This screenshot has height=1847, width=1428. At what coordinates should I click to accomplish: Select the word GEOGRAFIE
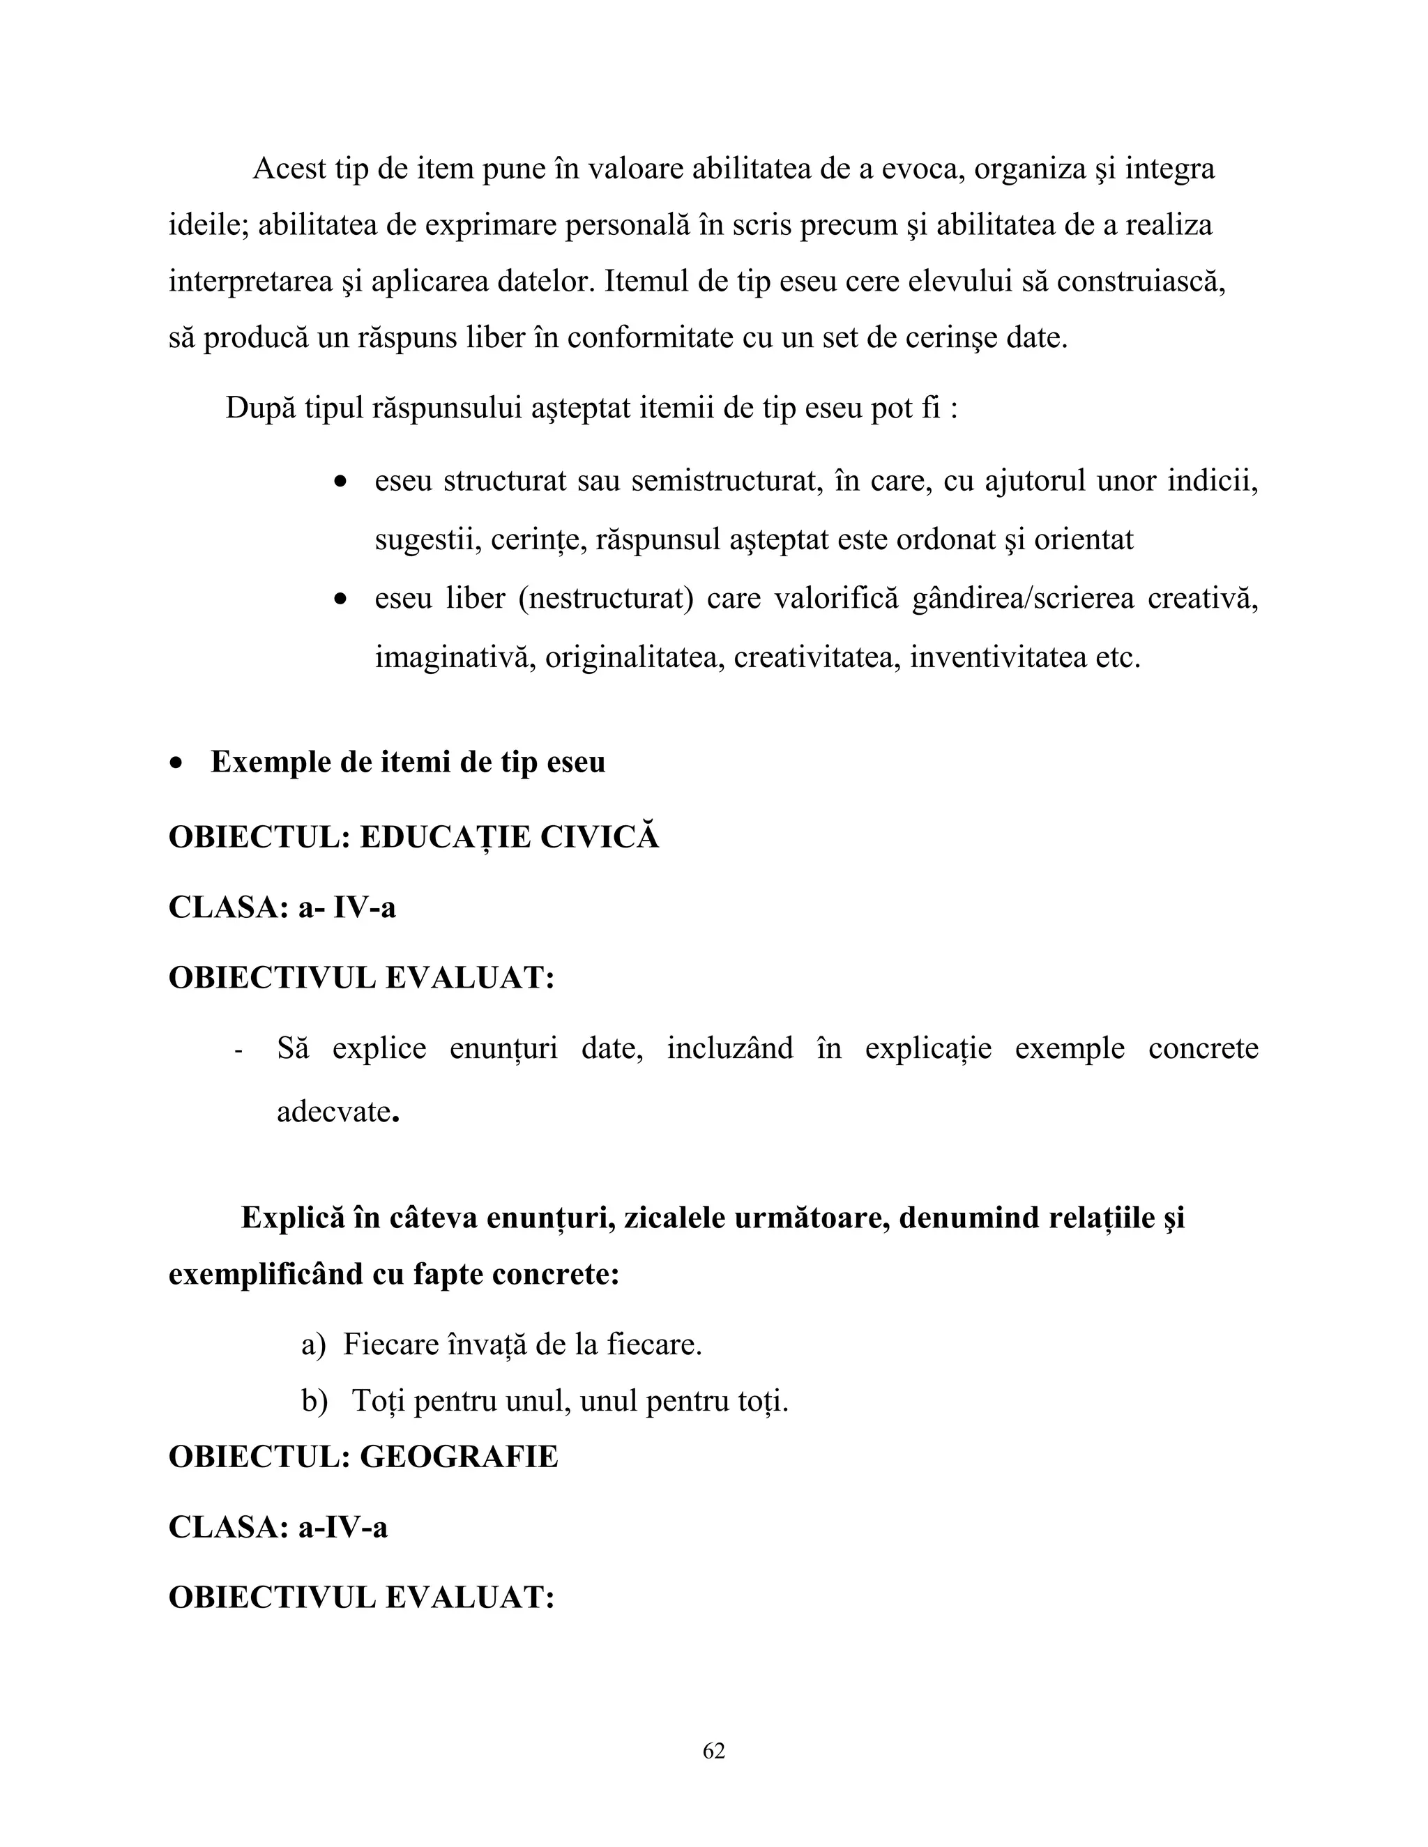click(459, 1456)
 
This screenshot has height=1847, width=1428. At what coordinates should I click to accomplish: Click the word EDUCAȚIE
click(444, 837)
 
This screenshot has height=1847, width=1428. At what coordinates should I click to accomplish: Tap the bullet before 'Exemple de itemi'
click(176, 762)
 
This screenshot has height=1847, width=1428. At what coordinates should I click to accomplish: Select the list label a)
click(313, 1344)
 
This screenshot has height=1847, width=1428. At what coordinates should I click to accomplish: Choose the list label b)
click(314, 1402)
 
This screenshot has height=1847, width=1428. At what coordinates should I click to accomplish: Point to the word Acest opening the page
click(289, 169)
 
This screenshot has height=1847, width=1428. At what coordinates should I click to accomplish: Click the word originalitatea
click(635, 657)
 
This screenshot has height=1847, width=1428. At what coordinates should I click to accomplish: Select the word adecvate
click(333, 1110)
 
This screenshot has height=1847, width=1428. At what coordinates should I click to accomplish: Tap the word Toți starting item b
click(377, 1402)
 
